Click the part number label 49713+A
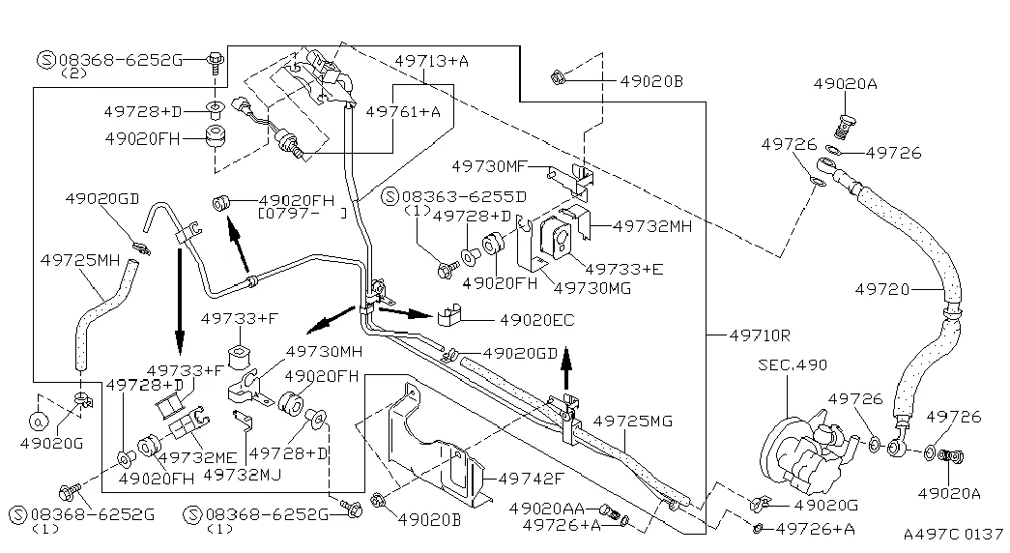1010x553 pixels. click(431, 61)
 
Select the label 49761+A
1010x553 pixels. click(403, 112)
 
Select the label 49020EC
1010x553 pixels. click(536, 318)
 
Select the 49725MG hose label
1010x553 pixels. click(632, 421)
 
